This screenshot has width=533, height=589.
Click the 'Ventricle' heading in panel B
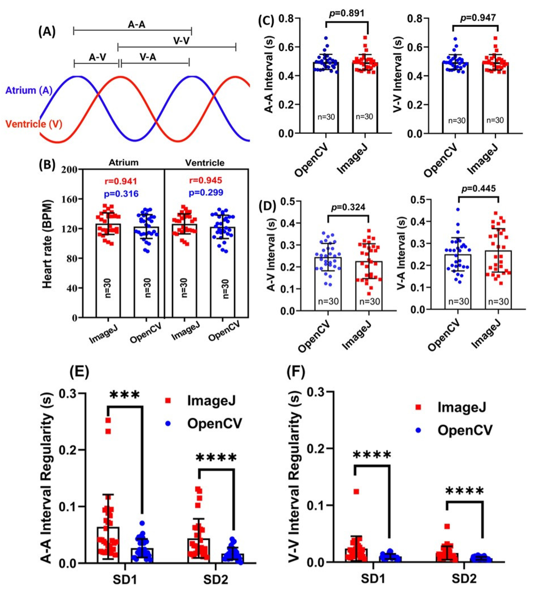tap(205, 163)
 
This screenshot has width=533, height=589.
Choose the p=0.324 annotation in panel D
tap(348, 207)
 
